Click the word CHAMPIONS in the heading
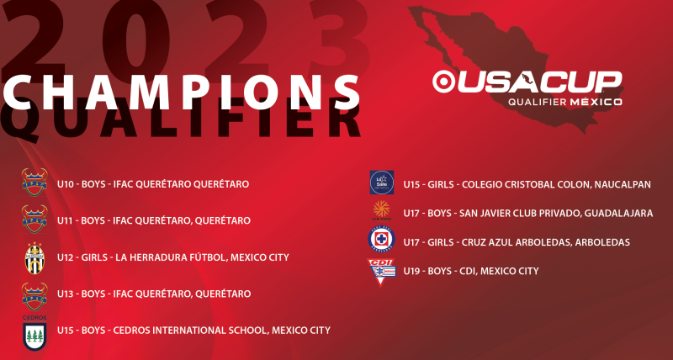click(x=181, y=93)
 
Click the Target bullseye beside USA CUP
click(x=444, y=82)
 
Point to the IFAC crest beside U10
click(x=34, y=182)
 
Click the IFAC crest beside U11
click(x=34, y=219)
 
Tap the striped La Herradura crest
click(x=34, y=258)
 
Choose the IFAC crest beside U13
click(x=34, y=297)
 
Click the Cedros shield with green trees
click(x=34, y=336)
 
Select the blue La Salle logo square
click(x=382, y=183)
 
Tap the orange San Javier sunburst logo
click(x=381, y=209)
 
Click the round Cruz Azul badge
click(x=381, y=239)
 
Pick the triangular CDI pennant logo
click(x=381, y=271)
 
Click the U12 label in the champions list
click(x=66, y=257)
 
